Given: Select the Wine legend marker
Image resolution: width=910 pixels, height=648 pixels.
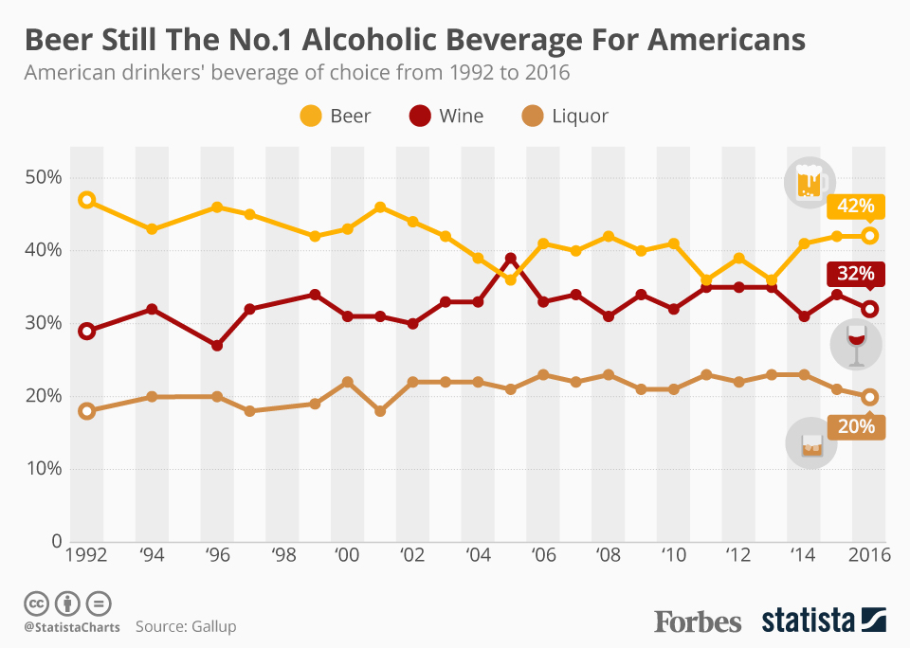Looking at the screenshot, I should click(x=420, y=117).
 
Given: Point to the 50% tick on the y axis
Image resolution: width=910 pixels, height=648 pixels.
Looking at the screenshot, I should click(x=43, y=178).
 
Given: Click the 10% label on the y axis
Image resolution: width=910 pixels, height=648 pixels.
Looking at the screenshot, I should click(x=43, y=469).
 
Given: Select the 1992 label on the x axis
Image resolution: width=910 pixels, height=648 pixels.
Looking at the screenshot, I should click(x=86, y=556).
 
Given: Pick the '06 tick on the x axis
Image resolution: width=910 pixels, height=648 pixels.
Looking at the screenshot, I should click(x=543, y=556).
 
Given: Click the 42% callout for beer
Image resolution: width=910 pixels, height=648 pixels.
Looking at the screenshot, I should click(x=855, y=207).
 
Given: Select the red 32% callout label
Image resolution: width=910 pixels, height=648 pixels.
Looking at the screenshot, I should click(x=855, y=274).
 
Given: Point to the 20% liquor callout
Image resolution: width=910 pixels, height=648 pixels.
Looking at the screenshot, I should click(x=855, y=426).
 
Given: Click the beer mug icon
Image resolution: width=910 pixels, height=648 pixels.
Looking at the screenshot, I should click(x=809, y=183).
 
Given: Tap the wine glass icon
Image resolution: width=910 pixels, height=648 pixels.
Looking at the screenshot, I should click(x=856, y=344).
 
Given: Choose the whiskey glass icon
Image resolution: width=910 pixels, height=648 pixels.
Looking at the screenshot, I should click(x=811, y=443).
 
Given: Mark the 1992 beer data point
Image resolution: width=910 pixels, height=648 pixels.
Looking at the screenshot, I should click(x=87, y=200).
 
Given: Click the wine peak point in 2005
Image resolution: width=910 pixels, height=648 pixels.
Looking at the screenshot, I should click(x=511, y=259).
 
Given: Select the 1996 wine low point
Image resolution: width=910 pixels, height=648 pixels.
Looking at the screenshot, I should click(x=217, y=346).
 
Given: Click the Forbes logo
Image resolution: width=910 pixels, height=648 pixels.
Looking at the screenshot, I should click(x=698, y=621).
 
